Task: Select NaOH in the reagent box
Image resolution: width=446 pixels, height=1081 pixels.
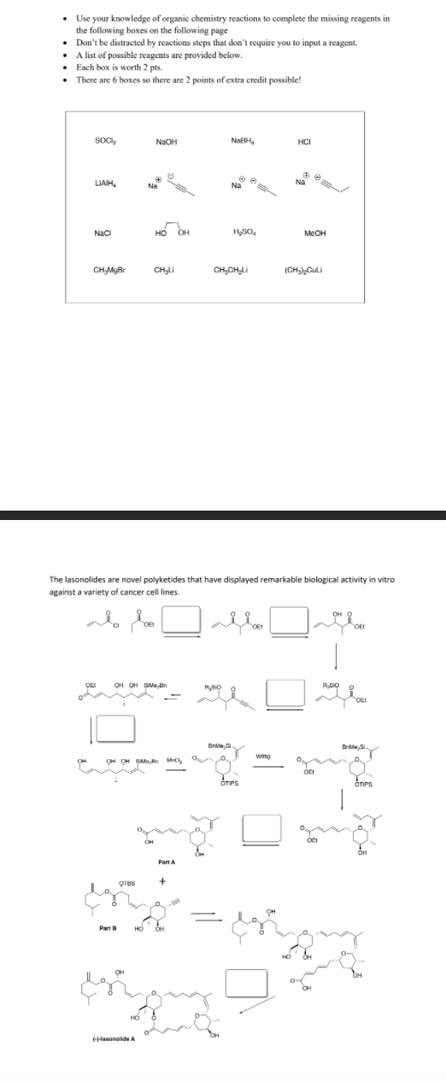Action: (x=166, y=142)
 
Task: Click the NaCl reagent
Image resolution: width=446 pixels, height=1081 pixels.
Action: (x=102, y=233)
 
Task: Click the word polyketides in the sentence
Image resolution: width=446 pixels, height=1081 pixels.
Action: (x=207, y=578)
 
